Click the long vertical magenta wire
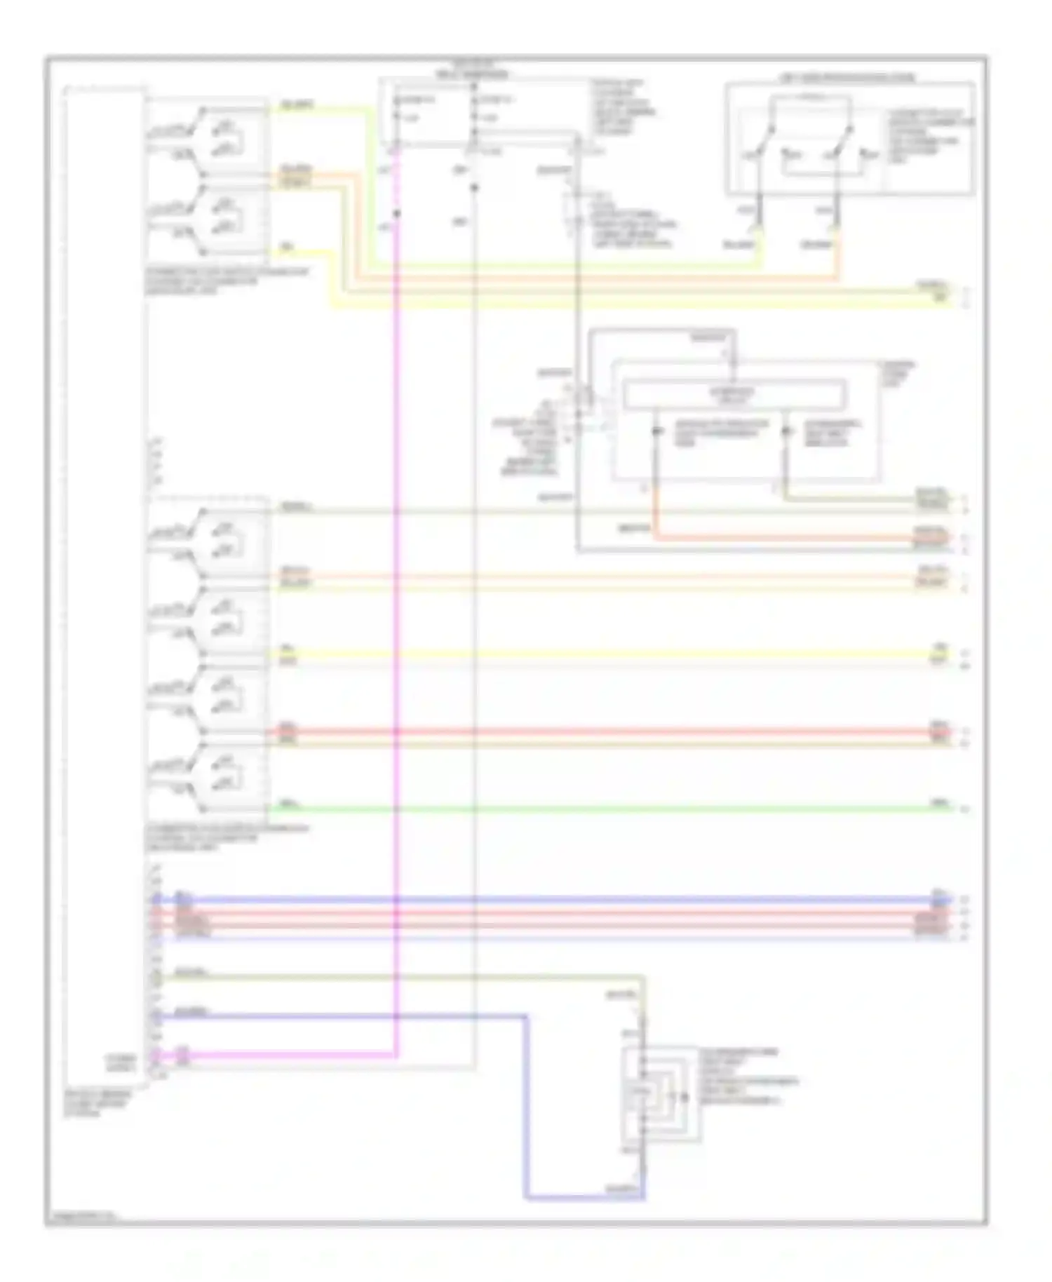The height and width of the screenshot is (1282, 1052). pos(397,631)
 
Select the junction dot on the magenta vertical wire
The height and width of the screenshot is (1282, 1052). pos(397,214)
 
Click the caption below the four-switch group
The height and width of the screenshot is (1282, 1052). pos(224,837)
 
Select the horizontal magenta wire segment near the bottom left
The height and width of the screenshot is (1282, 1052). pos(281,1054)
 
